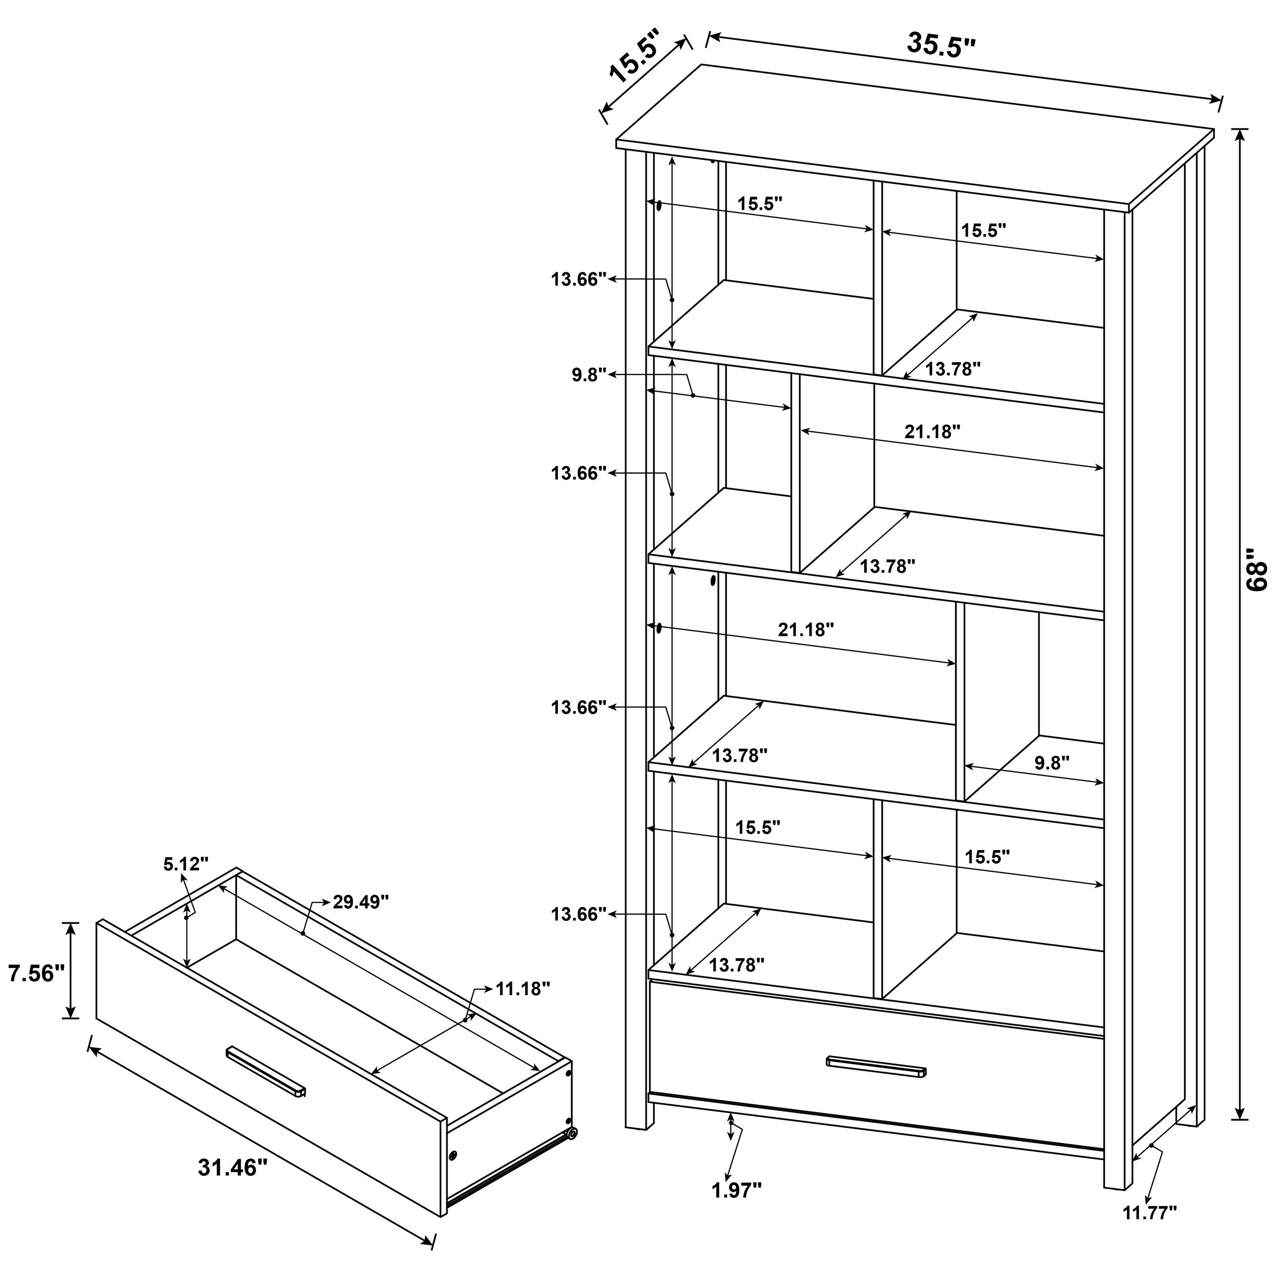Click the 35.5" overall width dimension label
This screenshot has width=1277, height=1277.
click(x=940, y=45)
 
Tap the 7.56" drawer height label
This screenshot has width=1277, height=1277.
click(x=35, y=973)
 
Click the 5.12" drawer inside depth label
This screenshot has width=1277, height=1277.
click(x=186, y=863)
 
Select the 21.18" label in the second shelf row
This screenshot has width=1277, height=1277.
click(x=932, y=432)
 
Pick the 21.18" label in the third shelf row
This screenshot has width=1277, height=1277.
click(x=806, y=629)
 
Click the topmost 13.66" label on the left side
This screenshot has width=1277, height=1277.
click(x=578, y=279)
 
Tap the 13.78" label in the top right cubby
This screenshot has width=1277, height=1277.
click(x=953, y=369)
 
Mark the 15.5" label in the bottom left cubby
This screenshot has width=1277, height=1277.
click(x=758, y=827)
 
